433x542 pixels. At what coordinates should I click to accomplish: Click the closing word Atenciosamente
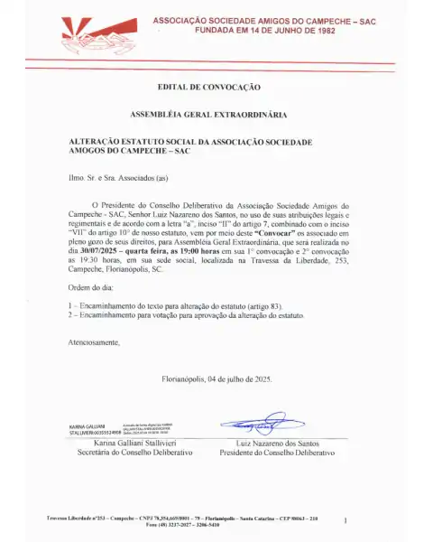pos(94,342)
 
